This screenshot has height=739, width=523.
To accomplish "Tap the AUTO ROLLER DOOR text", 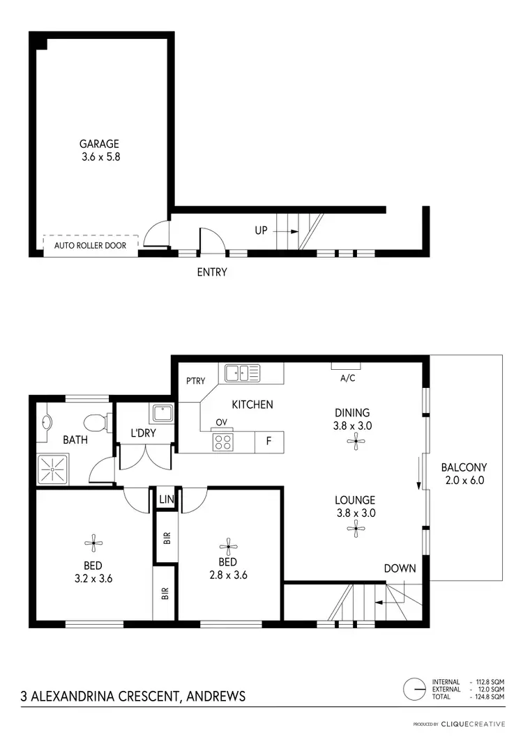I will (x=90, y=246).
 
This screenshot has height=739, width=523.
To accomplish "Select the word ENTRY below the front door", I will (x=212, y=272).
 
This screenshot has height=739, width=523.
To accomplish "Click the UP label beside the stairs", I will (x=261, y=230).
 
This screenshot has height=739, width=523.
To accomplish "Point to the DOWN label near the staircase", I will (x=400, y=568).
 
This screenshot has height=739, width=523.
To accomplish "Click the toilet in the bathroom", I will (x=94, y=421).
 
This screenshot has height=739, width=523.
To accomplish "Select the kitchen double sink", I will (x=242, y=373).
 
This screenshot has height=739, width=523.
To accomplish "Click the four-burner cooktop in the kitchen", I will (x=222, y=441).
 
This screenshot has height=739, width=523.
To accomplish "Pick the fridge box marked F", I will (x=268, y=441).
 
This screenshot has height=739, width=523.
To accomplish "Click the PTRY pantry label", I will (x=196, y=381).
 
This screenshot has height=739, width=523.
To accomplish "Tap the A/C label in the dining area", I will (x=348, y=379).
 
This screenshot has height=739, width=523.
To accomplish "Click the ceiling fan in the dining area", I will (x=356, y=439).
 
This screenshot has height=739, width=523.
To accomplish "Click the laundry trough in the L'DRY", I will (x=162, y=414).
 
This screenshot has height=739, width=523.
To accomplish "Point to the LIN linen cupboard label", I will (x=166, y=499).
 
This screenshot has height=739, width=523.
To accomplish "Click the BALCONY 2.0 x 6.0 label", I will (x=464, y=474).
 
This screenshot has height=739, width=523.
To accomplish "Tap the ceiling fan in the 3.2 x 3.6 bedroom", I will (x=93, y=543).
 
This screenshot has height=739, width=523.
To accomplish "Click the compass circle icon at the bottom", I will (x=415, y=688).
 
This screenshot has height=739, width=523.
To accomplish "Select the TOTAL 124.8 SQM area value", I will (x=488, y=697).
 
